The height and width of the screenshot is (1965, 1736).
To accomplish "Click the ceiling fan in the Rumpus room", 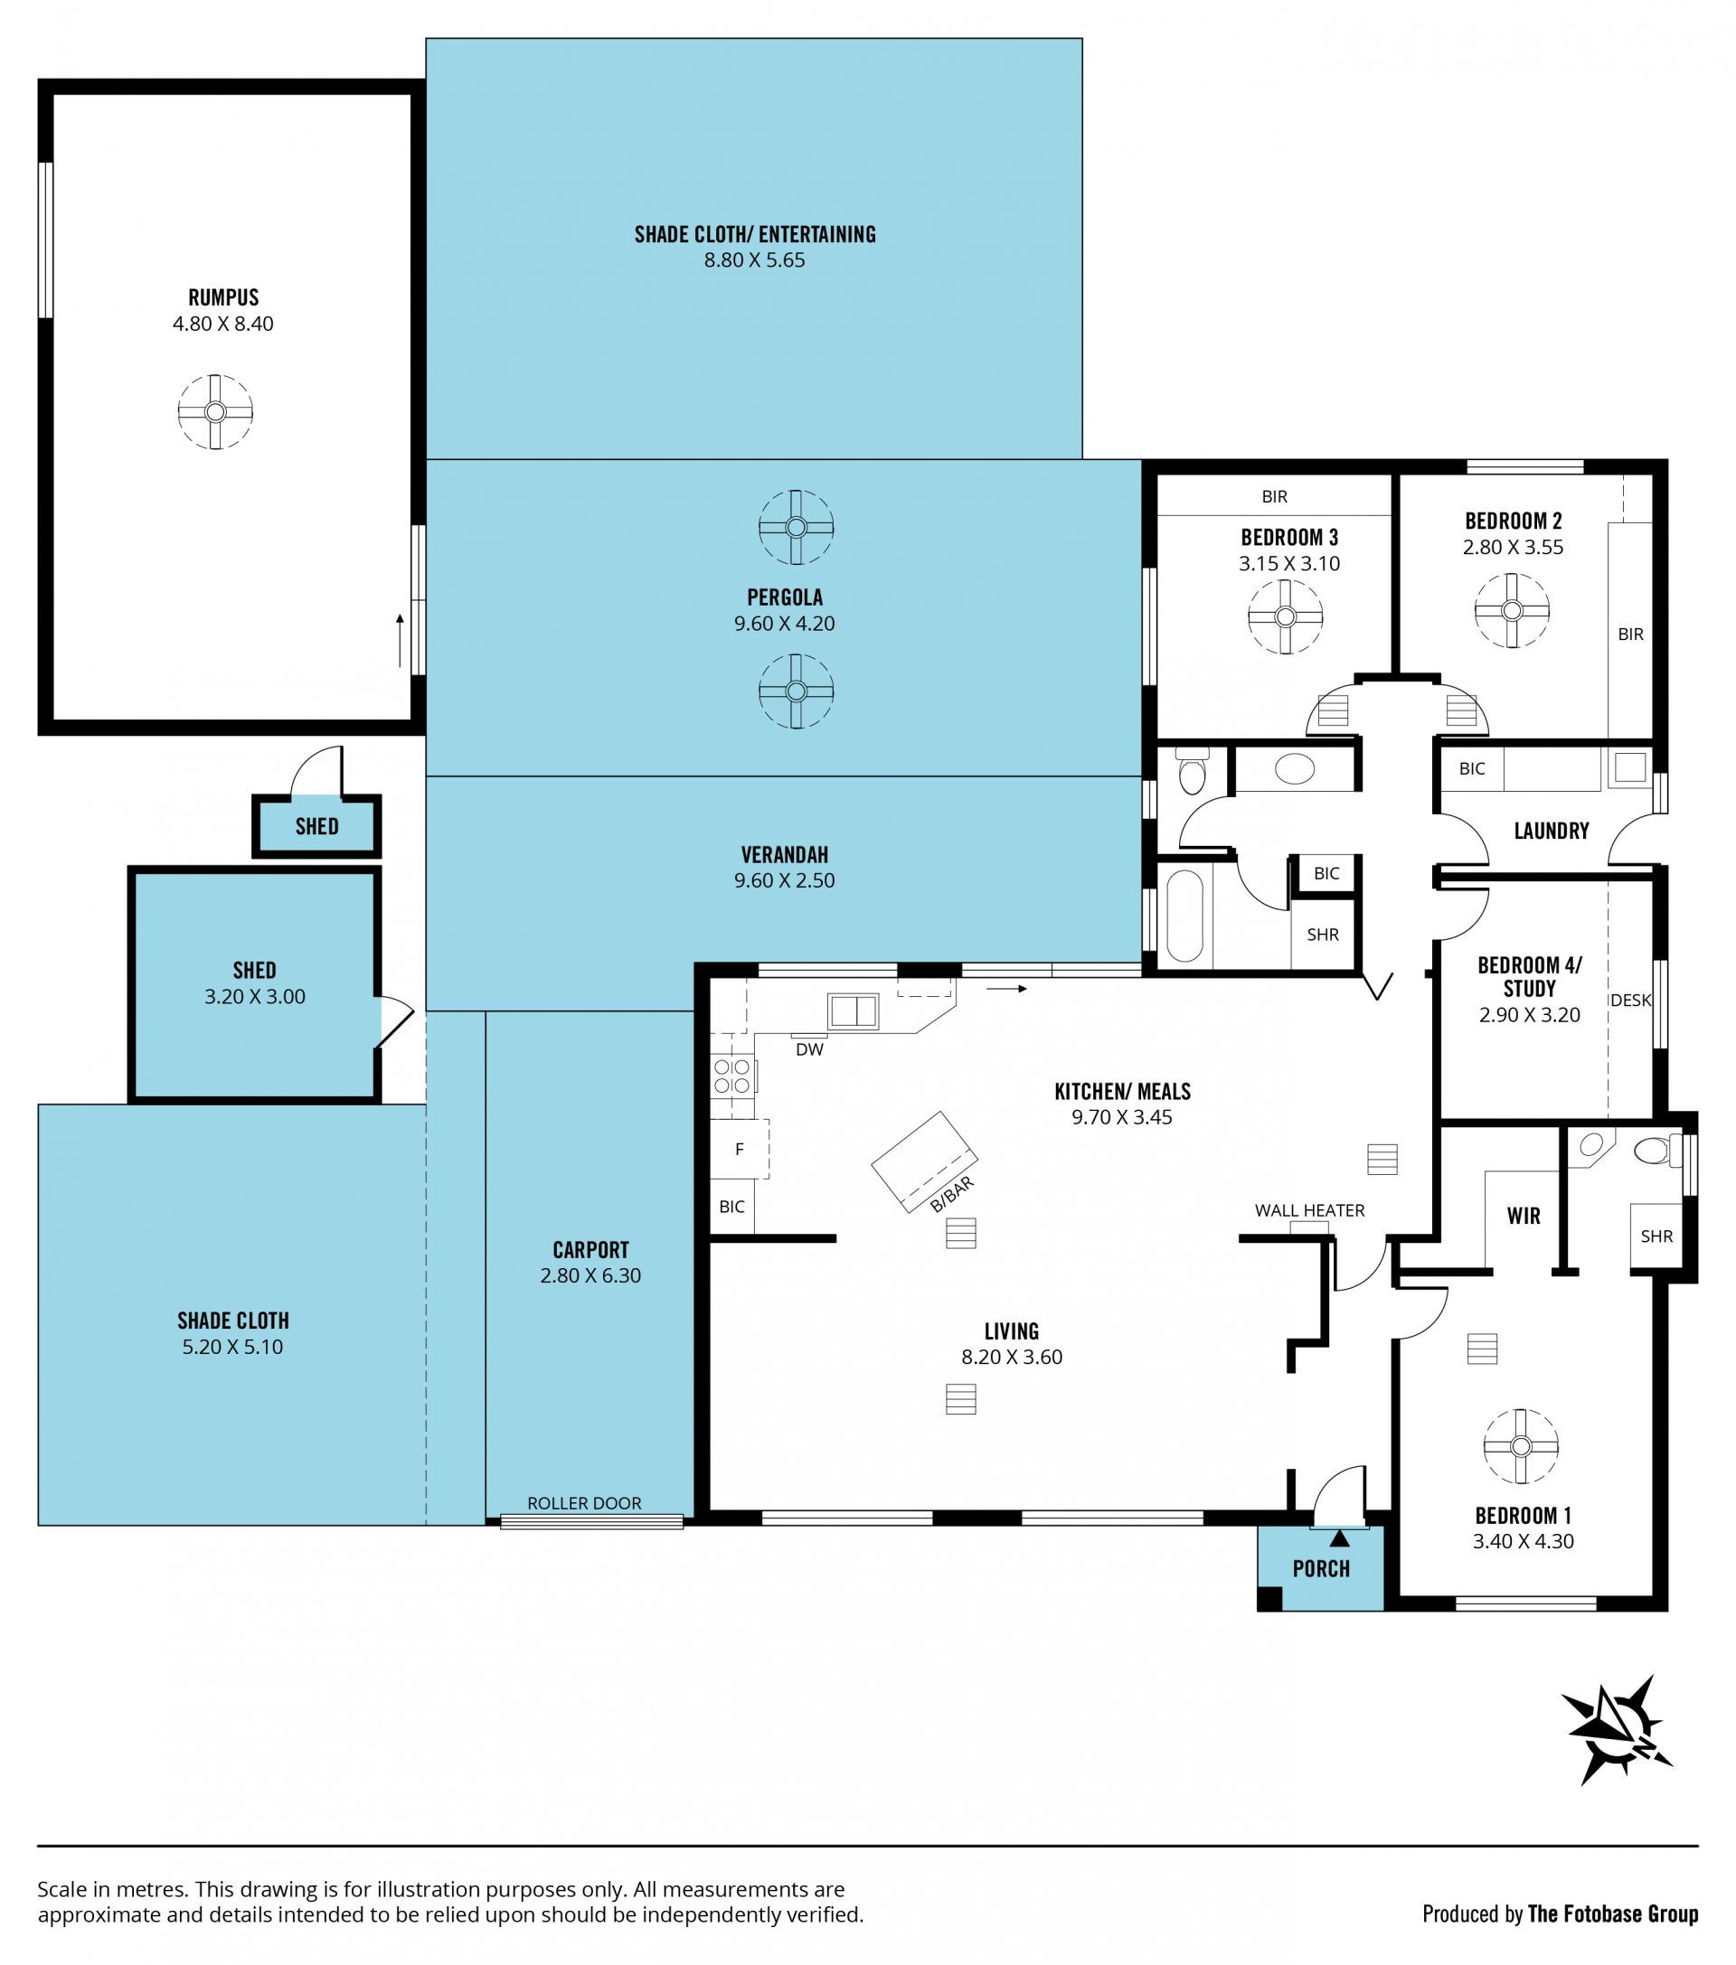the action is coord(215,411).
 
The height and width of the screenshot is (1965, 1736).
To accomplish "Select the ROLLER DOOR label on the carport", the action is coord(584,1502).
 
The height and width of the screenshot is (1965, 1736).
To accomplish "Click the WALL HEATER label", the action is coord(1309,1210).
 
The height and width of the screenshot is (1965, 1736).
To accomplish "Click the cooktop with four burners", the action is coord(733,1077).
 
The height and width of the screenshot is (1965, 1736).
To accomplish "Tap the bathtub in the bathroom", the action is coord(1184,917).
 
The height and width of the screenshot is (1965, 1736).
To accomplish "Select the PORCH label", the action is coord(1320,1568).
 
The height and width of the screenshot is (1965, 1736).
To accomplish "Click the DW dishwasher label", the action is coord(810,1049).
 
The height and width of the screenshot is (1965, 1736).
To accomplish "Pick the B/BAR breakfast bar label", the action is coord(952,1195).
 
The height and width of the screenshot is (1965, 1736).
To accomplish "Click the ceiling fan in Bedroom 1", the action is coord(1521,1446).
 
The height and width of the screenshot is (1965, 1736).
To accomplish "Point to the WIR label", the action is coord(1524,1216).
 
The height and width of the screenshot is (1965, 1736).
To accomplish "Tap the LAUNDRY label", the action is coord(1552,831).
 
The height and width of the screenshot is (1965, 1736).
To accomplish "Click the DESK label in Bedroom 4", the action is coord(1630,1000).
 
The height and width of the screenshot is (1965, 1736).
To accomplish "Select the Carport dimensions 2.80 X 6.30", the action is coord(590,1275).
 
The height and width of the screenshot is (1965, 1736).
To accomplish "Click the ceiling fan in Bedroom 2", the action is coord(1512,610).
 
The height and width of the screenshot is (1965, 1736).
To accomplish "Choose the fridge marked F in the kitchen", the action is coord(740,1148).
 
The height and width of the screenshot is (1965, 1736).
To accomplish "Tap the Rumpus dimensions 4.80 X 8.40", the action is coord(223,324).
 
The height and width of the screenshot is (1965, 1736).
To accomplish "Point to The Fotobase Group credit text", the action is coord(1613,1914).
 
